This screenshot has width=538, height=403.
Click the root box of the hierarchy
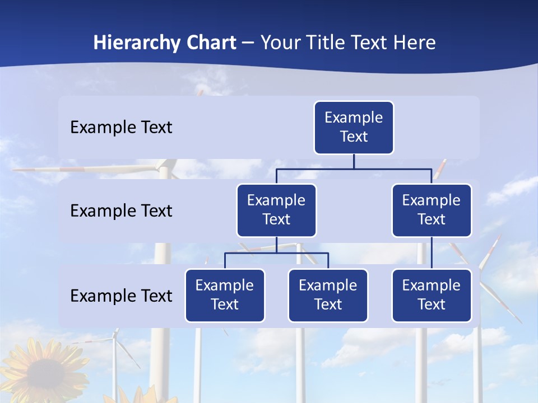(354, 128)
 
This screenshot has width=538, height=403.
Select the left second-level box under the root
(276, 210)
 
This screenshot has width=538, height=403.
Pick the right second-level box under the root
(432, 210)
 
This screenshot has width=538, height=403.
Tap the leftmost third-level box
(225, 296)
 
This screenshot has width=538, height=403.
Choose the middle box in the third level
(328, 296)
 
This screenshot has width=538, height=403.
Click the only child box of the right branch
(432, 296)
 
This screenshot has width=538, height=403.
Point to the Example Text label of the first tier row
(121, 128)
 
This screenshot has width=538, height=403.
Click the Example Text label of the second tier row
(121, 211)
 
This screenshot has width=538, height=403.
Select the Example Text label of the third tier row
(121, 296)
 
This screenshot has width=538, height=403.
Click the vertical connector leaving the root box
(354, 161)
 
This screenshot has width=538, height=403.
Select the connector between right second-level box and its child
(432, 253)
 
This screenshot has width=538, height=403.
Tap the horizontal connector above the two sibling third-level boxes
(276, 253)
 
